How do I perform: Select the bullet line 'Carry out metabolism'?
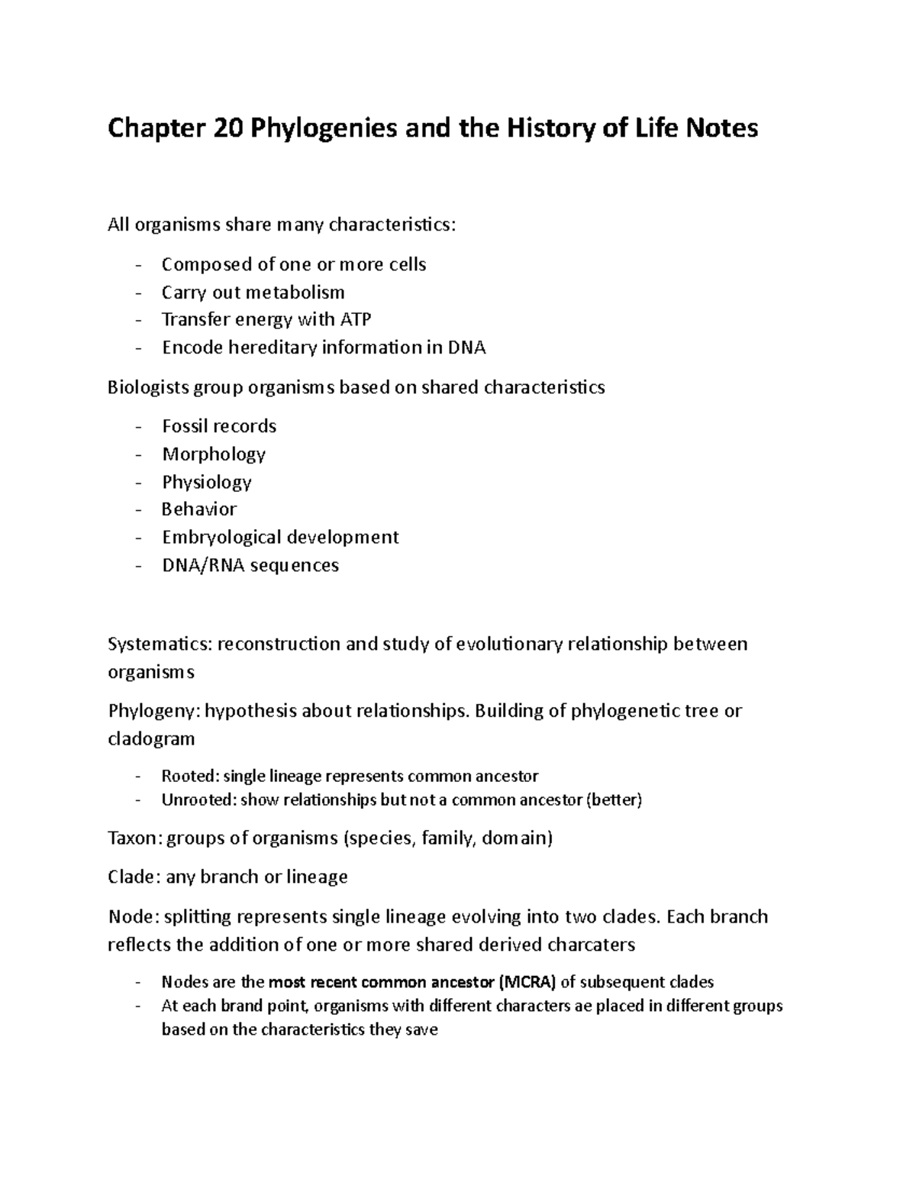[x=253, y=292]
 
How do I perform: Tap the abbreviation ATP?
[x=355, y=320]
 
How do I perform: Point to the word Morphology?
[x=214, y=454]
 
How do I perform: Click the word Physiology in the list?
[x=207, y=482]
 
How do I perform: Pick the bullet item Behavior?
[x=199, y=509]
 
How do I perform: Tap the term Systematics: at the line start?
[x=160, y=645]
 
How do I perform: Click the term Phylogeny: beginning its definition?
[x=153, y=711]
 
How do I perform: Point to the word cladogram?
[x=151, y=739]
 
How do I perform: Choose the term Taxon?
[x=134, y=839]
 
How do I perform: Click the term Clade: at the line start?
[x=134, y=877]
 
